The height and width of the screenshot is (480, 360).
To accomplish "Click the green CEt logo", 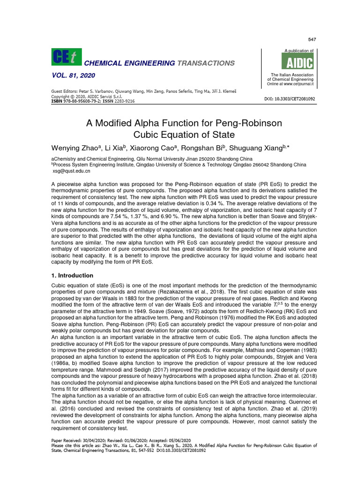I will (x=66, y=57).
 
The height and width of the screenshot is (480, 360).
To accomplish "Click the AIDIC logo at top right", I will (x=297, y=61).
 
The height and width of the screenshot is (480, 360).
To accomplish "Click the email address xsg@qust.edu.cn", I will (x=71, y=172).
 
